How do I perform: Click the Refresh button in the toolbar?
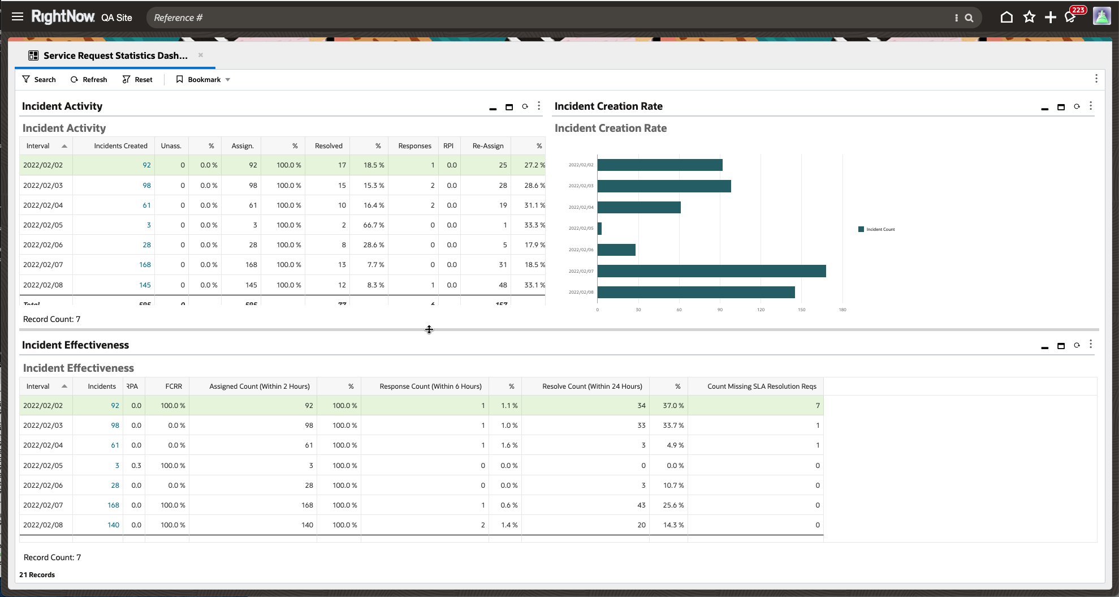pyautogui.click(x=89, y=80)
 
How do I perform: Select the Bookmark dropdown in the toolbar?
pyautogui.click(x=203, y=80)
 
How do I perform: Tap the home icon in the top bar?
pyautogui.click(x=1006, y=18)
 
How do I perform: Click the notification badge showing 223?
pyautogui.click(x=1078, y=10)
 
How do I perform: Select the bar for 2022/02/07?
pyautogui.click(x=711, y=271)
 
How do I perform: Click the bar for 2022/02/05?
pyautogui.click(x=599, y=229)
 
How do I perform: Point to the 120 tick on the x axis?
pyautogui.click(x=761, y=310)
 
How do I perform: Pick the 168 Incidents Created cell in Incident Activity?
pyautogui.click(x=145, y=265)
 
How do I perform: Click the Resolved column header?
pyautogui.click(x=329, y=146)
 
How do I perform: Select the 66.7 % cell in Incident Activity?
pyautogui.click(x=373, y=225)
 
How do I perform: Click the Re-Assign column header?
pyautogui.click(x=487, y=146)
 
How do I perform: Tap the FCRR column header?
pyautogui.click(x=174, y=386)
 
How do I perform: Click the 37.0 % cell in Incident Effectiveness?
pyautogui.click(x=673, y=406)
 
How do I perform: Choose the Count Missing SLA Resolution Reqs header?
pyautogui.click(x=761, y=386)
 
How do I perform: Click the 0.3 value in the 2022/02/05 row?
pyautogui.click(x=136, y=466)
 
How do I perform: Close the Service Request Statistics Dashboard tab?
pyautogui.click(x=201, y=55)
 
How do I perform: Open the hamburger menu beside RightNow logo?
pyautogui.click(x=18, y=16)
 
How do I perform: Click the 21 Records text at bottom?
pyautogui.click(x=37, y=575)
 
